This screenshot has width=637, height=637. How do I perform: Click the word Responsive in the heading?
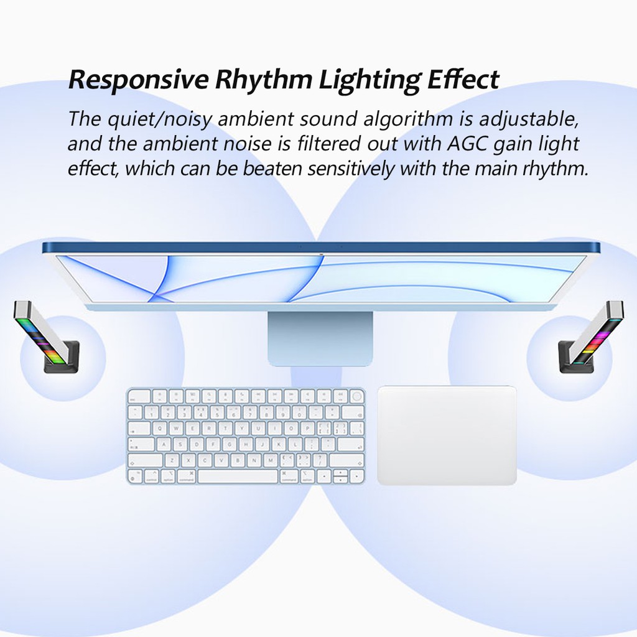coord(138,80)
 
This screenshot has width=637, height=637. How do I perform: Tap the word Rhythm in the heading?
coord(263,80)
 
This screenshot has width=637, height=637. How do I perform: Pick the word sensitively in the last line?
coord(351,168)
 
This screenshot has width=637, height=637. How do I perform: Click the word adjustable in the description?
coord(529,119)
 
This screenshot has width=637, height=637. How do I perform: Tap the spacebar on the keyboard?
coord(238,476)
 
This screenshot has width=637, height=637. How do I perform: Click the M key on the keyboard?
coord(270,460)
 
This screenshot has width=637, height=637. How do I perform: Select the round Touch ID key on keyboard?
coord(356,396)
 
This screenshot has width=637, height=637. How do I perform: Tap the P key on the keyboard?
coord(307,428)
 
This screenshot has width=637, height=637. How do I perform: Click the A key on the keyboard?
coord(164,444)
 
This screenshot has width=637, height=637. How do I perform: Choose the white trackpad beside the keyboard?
coord(447,435)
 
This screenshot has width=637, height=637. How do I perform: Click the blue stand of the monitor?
coord(320,338)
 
